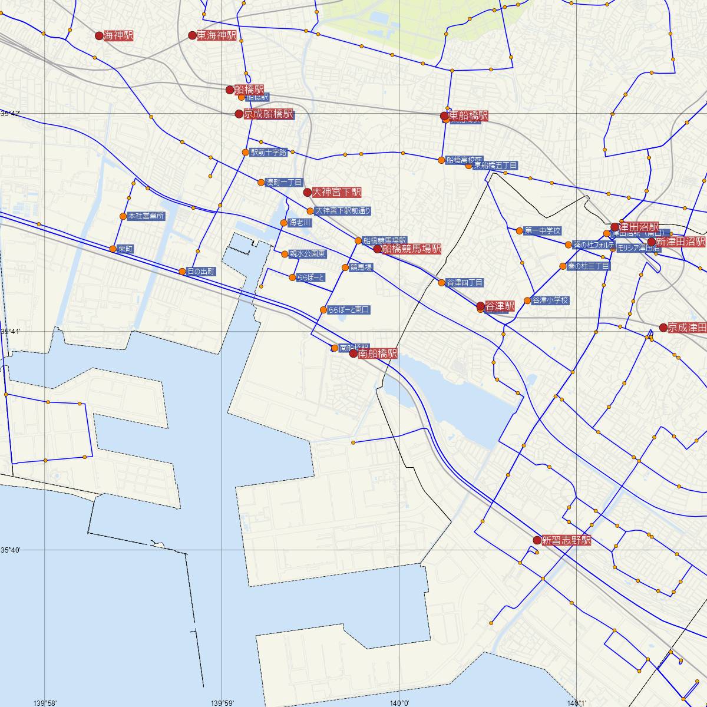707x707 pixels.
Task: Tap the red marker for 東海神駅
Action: (191, 35)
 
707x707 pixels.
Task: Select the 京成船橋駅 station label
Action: (268, 114)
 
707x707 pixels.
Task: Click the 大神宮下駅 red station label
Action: (336, 192)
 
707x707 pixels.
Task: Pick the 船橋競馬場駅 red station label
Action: (411, 249)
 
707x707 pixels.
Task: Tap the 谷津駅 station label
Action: (500, 306)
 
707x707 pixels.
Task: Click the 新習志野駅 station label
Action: (566, 540)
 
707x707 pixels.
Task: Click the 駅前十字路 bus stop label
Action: (269, 153)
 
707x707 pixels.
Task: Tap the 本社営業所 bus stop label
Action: (146, 216)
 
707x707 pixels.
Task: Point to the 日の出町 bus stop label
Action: (200, 272)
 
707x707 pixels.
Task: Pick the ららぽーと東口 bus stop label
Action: (349, 310)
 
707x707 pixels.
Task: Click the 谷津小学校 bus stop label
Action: (550, 300)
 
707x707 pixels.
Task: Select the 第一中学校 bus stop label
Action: (542, 230)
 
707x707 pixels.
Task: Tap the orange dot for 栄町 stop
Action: (113, 249)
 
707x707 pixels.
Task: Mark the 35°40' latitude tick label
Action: (11, 550)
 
